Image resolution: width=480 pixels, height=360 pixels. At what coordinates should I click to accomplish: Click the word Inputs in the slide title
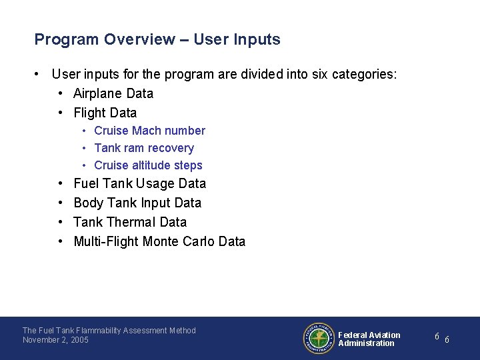(257, 39)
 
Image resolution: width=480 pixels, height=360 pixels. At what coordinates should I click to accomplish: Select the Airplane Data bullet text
(113, 93)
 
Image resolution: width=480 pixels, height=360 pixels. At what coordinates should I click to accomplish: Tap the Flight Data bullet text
(105, 113)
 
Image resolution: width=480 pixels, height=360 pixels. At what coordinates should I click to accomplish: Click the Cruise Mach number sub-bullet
(149, 131)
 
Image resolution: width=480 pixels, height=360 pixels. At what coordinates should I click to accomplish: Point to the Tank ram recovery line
(144, 148)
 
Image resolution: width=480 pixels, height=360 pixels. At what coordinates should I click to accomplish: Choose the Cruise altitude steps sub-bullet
(148, 165)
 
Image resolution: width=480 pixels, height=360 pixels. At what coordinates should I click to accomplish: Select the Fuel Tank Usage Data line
(139, 183)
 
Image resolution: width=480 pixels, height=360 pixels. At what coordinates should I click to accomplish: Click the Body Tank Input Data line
(137, 203)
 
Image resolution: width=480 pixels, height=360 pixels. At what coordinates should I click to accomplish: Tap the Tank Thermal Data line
(130, 222)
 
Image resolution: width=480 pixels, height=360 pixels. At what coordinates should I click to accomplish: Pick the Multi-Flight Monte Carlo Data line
(159, 241)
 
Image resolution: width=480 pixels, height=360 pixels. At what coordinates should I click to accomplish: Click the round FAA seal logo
(319, 339)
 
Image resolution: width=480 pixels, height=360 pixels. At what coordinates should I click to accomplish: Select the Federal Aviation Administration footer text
(369, 339)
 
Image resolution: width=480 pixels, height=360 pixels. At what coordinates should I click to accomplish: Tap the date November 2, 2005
(55, 340)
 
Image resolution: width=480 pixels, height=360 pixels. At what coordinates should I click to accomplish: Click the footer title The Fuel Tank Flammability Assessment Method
(109, 330)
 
